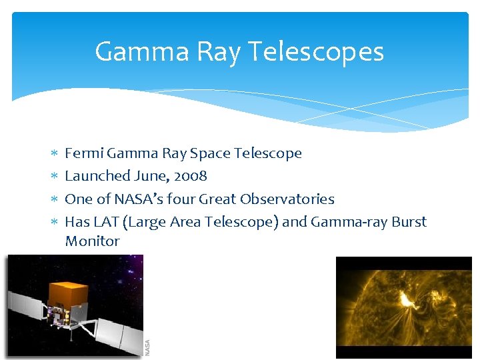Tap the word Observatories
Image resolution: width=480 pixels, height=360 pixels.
pyautogui.click(x=287, y=199)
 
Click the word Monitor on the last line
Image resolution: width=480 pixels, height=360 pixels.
pyautogui.click(x=92, y=241)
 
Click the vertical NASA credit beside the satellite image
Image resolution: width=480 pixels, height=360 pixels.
pyautogui.click(x=148, y=347)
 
